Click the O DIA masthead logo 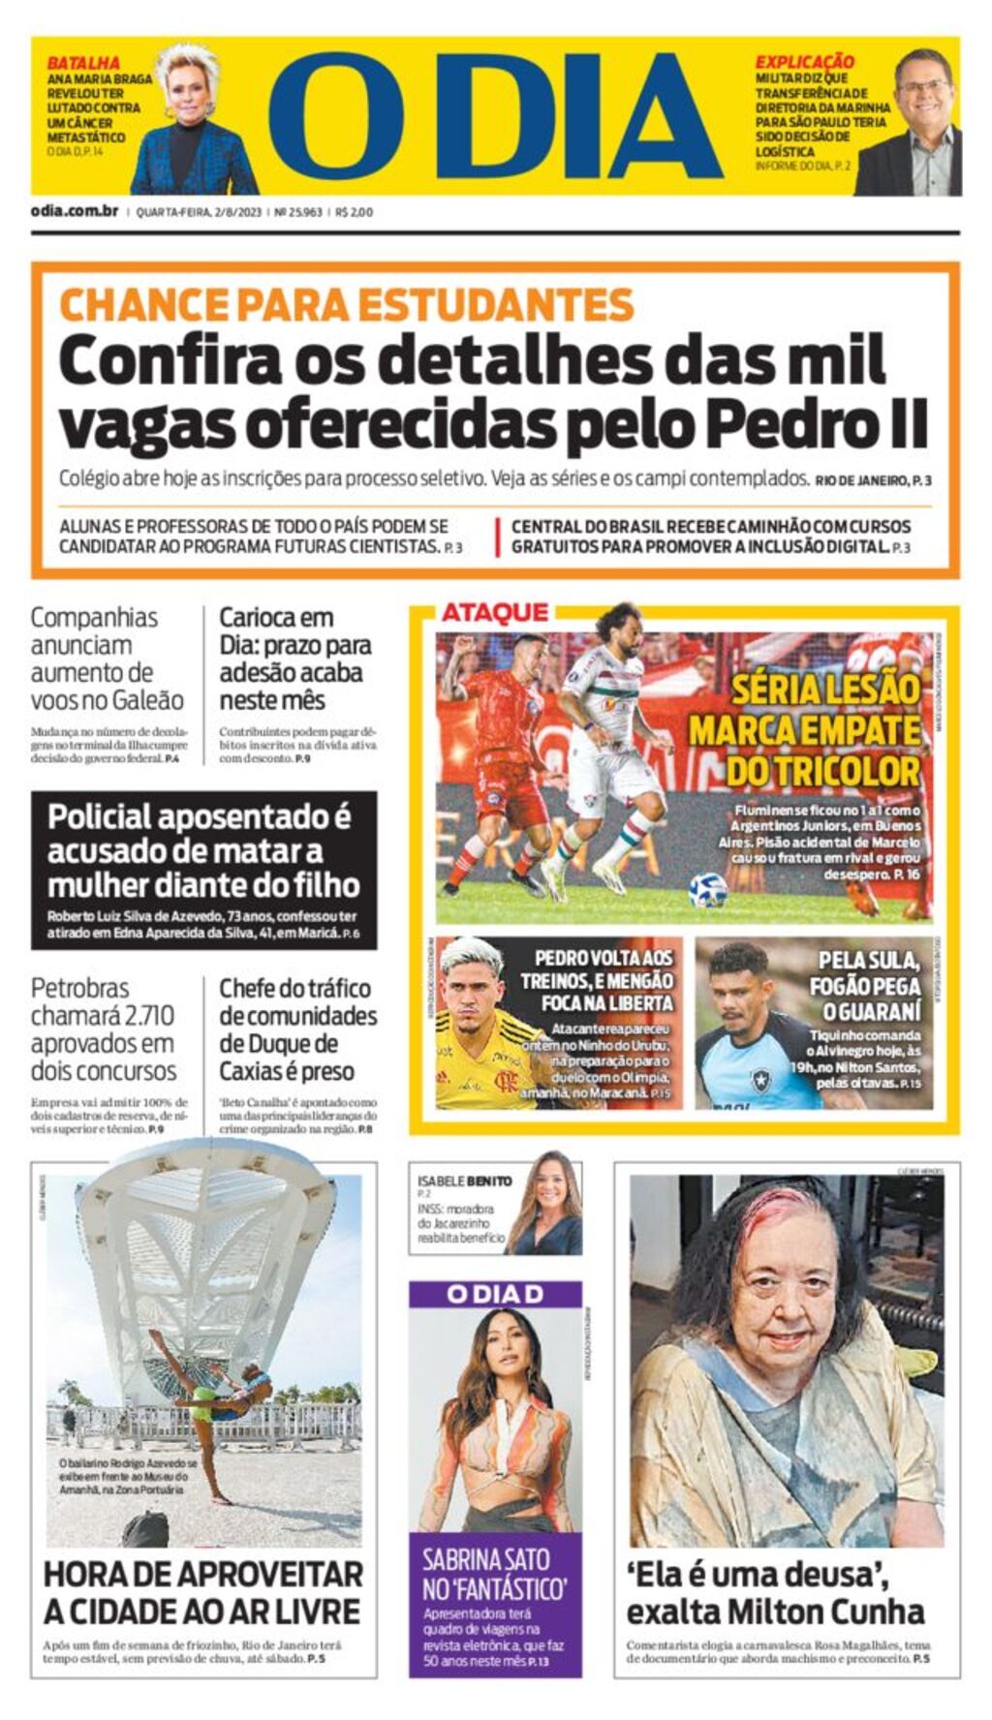point(495,116)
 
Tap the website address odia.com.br point(75,211)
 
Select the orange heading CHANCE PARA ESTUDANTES point(346,304)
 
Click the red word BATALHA point(83,63)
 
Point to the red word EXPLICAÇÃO point(804,62)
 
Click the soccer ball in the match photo point(707,889)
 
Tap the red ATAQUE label point(494,612)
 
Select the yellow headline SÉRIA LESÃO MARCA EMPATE point(804,730)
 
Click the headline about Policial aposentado point(203,850)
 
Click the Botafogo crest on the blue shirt point(760,1077)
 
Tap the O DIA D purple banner point(495,1294)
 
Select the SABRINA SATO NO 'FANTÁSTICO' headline point(494,1574)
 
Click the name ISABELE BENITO point(465,1181)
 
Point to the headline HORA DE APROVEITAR point(202,1592)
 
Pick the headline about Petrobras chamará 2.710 point(104,1029)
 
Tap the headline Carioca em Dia point(294,659)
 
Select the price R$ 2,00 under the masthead point(355,212)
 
